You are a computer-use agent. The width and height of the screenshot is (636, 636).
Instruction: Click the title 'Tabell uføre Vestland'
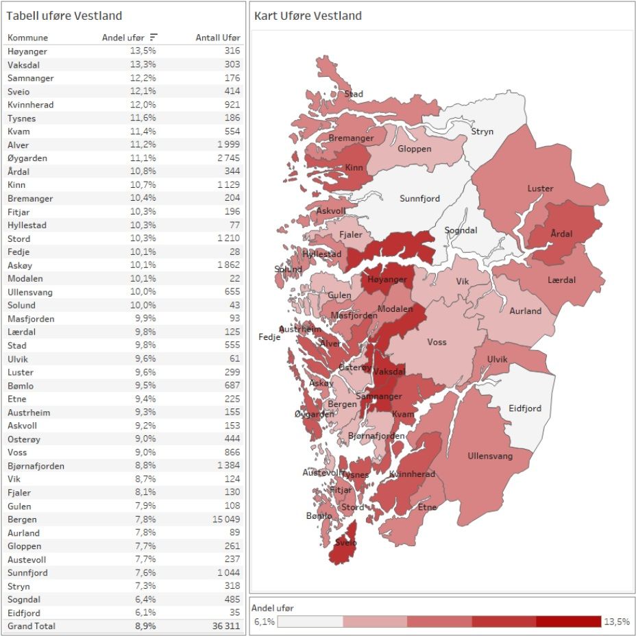coord(64,16)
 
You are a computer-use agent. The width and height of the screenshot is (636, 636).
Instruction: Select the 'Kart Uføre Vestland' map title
coord(308,16)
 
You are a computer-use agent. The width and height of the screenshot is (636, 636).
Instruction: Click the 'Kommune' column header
coord(27,38)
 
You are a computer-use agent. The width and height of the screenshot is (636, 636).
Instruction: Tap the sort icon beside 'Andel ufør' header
coord(154,38)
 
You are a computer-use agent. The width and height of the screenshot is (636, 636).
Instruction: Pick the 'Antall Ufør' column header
coord(218,38)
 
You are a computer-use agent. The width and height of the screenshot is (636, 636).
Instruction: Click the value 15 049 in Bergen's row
coord(225,519)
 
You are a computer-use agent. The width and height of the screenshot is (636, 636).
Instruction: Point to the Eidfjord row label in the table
coord(24,613)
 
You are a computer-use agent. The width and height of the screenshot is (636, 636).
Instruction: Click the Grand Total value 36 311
coord(225,626)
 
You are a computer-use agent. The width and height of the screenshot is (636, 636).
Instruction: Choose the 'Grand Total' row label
coord(32,626)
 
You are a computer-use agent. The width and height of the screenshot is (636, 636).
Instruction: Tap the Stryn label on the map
coord(482,132)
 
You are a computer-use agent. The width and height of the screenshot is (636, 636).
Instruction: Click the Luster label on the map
coord(540,188)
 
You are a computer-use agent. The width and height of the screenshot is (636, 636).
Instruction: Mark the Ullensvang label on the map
coord(489,456)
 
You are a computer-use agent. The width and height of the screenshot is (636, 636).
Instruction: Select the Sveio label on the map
coord(346,543)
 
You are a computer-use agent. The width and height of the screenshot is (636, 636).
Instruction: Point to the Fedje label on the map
coord(269,337)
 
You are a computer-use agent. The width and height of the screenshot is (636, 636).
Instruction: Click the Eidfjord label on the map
coord(524,408)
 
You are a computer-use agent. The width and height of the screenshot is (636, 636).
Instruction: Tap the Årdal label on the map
coord(561,234)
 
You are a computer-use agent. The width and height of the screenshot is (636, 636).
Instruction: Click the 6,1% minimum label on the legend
coord(264,622)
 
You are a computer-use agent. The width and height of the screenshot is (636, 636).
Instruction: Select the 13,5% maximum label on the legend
coord(615,622)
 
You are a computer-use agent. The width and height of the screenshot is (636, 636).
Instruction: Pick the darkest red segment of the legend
coord(568,622)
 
